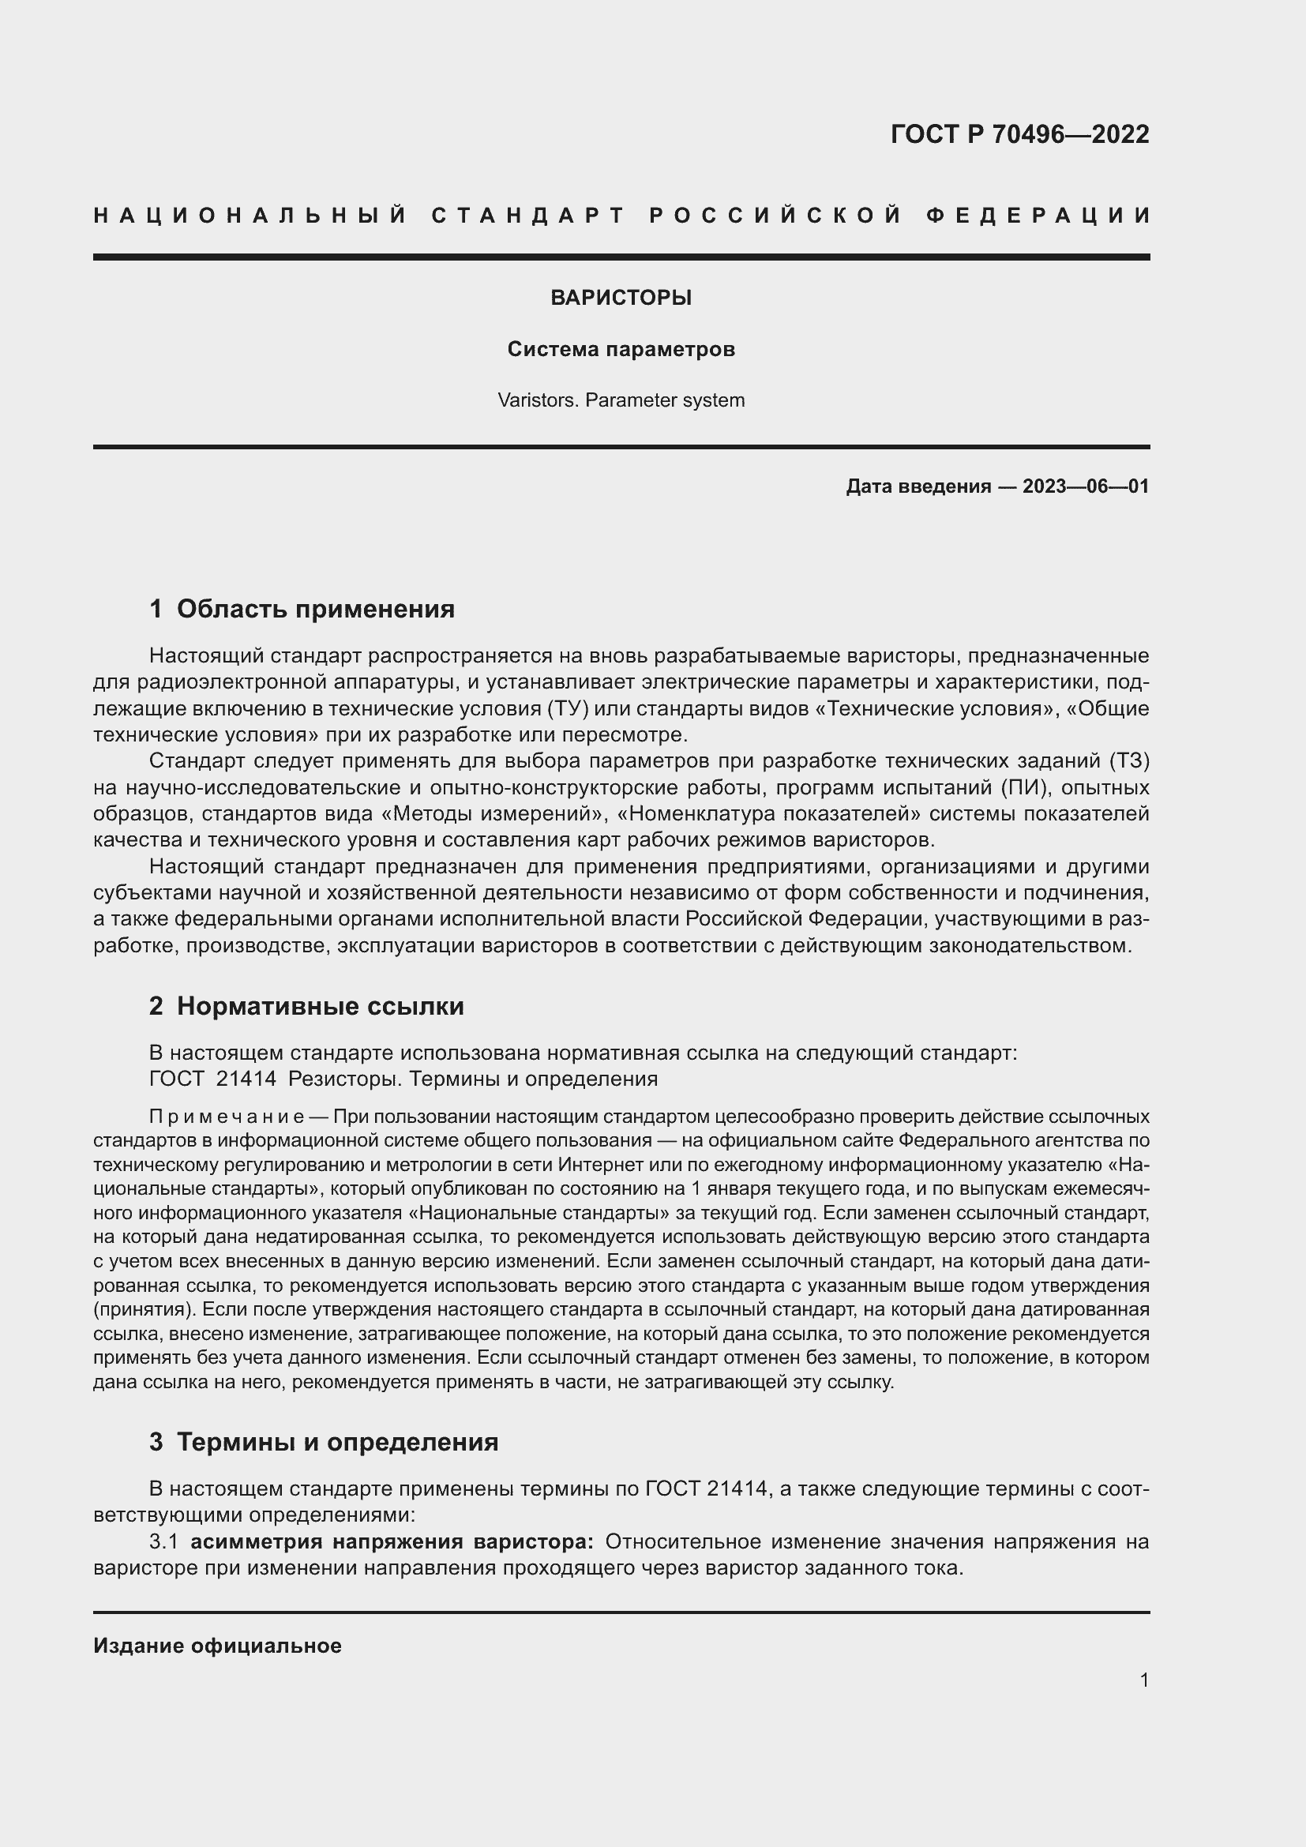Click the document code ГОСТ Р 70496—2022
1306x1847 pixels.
(1019, 133)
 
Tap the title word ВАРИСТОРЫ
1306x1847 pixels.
(621, 298)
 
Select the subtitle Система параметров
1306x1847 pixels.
(621, 349)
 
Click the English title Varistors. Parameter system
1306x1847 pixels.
(621, 400)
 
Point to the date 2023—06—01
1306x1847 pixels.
(1086, 486)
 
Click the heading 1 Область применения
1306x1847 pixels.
(302, 609)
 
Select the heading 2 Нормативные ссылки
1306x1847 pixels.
(306, 1006)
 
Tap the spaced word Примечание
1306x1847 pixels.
(226, 1117)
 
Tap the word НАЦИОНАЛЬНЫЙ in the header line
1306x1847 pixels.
(250, 216)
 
